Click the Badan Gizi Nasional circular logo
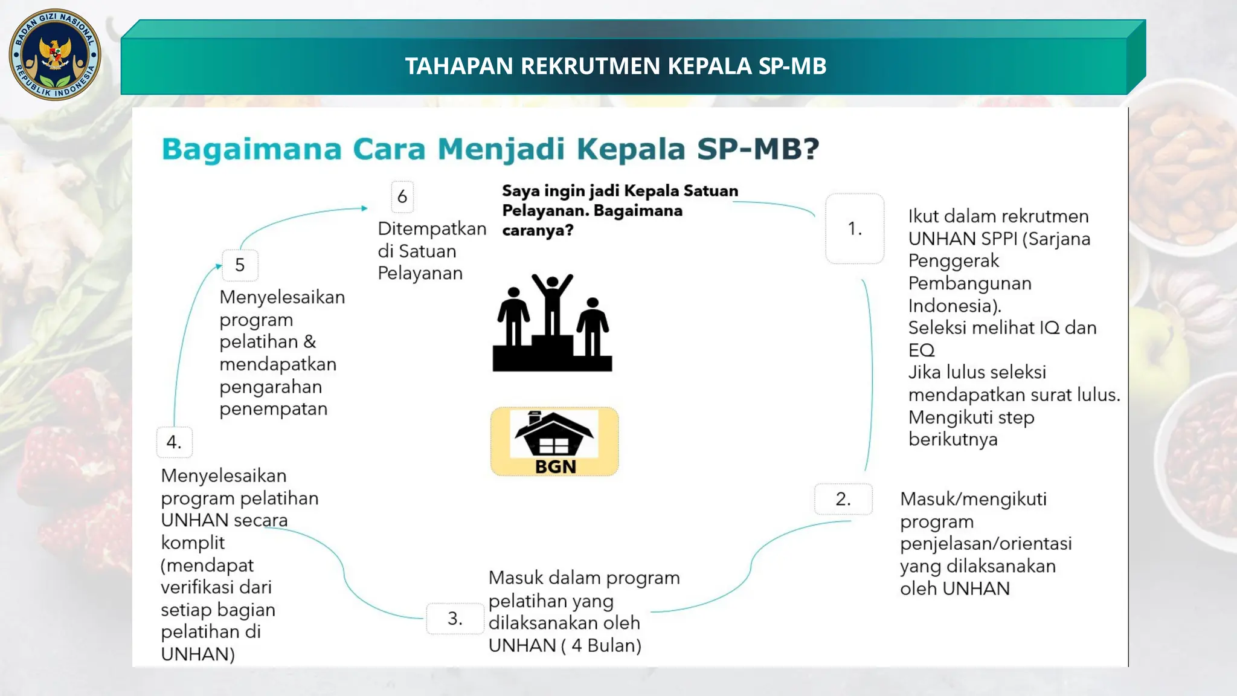pyautogui.click(x=55, y=55)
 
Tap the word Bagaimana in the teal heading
pyautogui.click(x=251, y=149)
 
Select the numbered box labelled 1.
pyautogui.click(x=854, y=228)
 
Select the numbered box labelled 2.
pyautogui.click(x=843, y=499)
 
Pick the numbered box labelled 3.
pyautogui.click(x=454, y=618)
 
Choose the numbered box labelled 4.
pyautogui.click(x=174, y=442)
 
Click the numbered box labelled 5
pyautogui.click(x=240, y=265)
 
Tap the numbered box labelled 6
pyautogui.click(x=402, y=196)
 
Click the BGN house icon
pyautogui.click(x=554, y=434)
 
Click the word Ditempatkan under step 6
pyautogui.click(x=432, y=229)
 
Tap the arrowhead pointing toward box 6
pyautogui.click(x=364, y=208)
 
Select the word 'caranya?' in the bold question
pyautogui.click(x=537, y=230)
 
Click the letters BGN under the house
pyautogui.click(x=555, y=466)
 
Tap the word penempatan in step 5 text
pyautogui.click(x=273, y=409)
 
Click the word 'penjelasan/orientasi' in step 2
pyautogui.click(x=985, y=544)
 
